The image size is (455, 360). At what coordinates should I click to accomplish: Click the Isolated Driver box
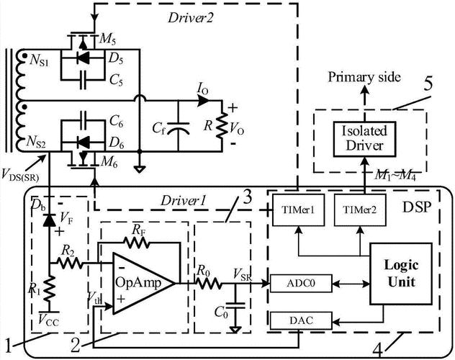tap(364, 139)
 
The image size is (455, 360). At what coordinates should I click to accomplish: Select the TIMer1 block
tap(298, 210)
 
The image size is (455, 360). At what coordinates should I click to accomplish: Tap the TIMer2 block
tap(360, 210)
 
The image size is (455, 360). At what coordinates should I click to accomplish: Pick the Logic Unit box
tap(401, 274)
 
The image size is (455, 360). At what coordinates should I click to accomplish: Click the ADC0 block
tap(301, 283)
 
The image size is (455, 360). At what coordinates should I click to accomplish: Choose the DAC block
tap(301, 320)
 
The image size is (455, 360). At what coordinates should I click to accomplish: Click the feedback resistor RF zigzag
tap(137, 242)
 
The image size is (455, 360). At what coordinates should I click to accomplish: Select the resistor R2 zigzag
tap(69, 263)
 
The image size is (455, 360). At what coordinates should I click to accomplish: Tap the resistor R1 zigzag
tap(50, 289)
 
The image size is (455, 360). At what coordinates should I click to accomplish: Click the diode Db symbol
tap(49, 220)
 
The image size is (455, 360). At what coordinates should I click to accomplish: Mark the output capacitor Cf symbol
tap(179, 127)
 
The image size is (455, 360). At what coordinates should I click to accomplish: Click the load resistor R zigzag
tap(222, 126)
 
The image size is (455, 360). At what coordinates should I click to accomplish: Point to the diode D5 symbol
tap(84, 59)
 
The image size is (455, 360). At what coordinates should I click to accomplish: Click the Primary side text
tap(364, 78)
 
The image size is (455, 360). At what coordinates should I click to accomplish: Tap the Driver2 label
tap(191, 18)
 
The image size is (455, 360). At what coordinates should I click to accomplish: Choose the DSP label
tap(417, 207)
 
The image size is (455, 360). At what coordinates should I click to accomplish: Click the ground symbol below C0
tap(235, 330)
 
